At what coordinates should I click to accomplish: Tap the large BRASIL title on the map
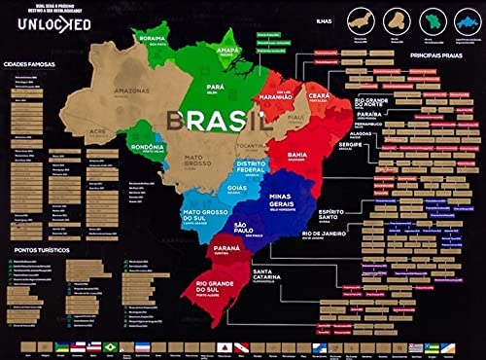click(x=216, y=121)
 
